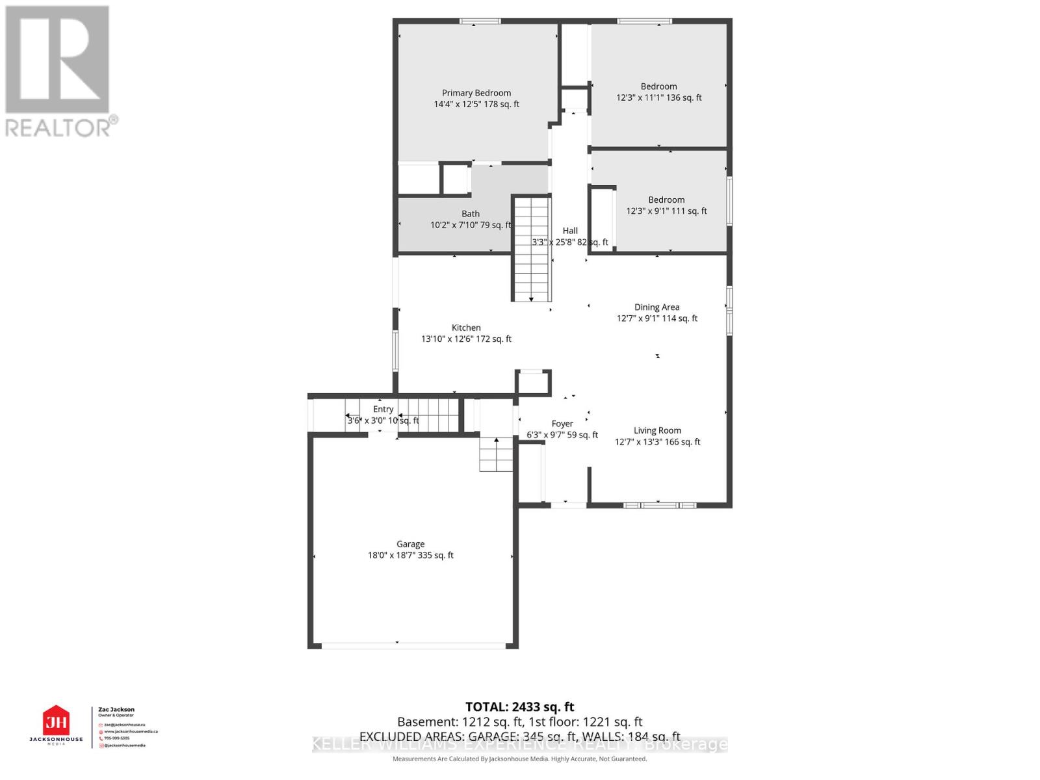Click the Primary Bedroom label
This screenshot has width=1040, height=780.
(476, 93)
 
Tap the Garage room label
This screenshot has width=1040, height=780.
(410, 544)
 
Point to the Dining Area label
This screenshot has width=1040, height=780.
(656, 307)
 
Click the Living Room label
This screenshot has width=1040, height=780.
(657, 430)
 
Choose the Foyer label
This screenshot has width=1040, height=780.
(562, 424)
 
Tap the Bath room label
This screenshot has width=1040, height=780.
(471, 214)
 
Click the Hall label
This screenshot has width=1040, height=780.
(570, 231)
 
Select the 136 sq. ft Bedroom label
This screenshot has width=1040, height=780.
(658, 86)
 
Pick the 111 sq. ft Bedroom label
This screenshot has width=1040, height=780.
(666, 200)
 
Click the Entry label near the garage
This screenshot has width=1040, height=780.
(383, 409)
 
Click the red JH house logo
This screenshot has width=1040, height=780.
(56, 721)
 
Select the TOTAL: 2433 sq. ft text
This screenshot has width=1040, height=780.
(519, 707)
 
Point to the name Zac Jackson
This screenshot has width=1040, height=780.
(116, 710)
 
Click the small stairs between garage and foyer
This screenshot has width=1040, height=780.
(496, 454)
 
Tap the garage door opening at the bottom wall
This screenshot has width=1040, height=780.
(413, 645)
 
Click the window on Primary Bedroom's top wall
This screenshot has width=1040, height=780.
(480, 21)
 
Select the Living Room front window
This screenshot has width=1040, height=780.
(659, 505)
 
